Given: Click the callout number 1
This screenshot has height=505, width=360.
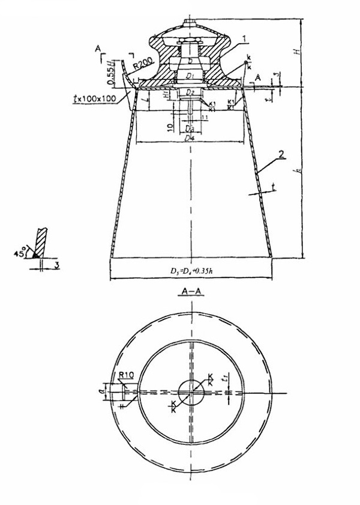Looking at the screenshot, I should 245,38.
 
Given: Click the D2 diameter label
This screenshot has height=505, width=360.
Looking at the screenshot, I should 190,92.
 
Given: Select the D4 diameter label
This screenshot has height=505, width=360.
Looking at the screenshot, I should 190,139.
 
